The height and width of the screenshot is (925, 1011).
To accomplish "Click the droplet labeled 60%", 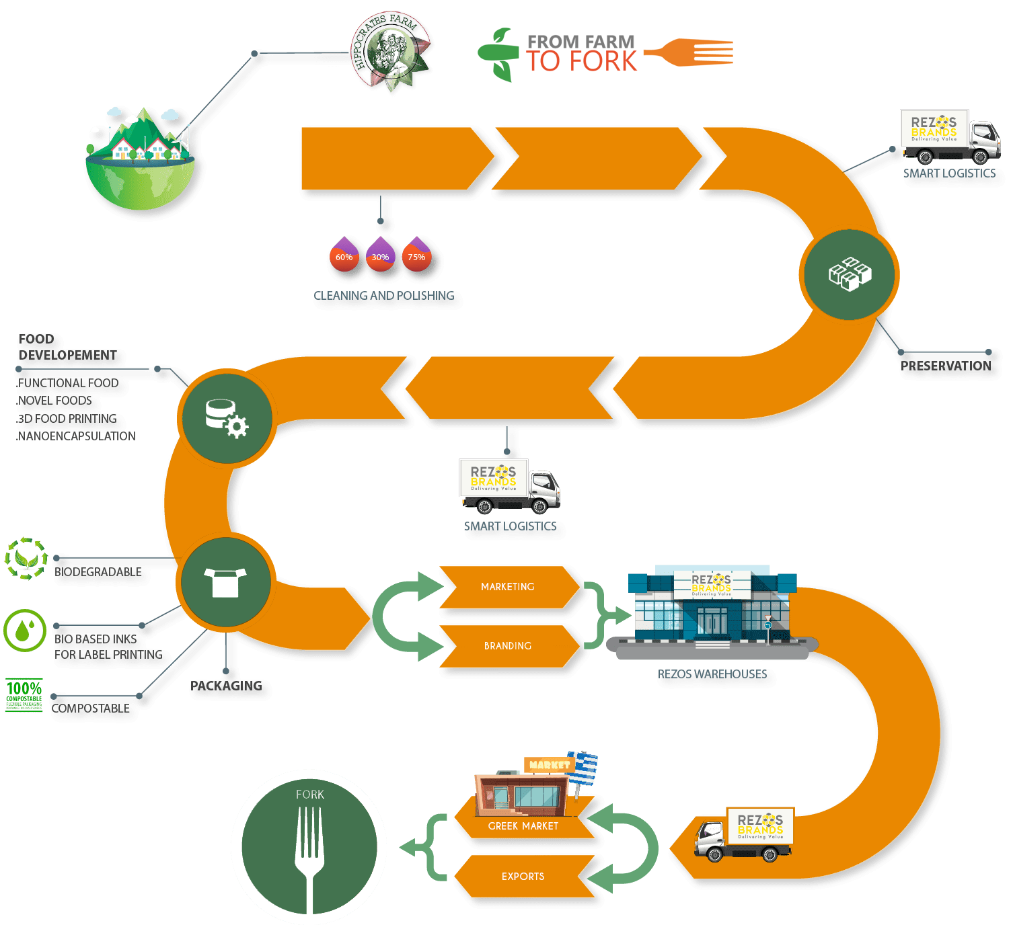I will point(344,254).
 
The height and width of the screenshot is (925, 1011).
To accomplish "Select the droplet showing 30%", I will point(380,254).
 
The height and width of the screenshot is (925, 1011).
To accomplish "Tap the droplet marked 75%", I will point(416,254).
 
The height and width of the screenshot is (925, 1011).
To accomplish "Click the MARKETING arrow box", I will point(508,587).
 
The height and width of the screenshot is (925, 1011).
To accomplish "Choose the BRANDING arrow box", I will point(508,646).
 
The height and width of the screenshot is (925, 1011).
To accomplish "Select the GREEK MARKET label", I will point(523,826).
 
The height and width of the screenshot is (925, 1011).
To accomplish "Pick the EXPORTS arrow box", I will point(523,877).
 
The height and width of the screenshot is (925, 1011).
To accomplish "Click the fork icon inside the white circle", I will point(309,854).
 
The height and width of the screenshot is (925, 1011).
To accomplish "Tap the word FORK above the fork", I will point(309,795).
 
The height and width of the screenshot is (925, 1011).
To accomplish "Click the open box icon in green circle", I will point(225,582).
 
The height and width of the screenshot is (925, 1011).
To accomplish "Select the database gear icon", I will point(226,418).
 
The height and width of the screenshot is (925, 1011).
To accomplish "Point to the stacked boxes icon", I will point(849,274).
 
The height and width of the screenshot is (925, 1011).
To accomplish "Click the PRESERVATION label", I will point(945,366).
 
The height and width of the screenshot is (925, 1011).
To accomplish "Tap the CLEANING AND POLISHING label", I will point(384,296).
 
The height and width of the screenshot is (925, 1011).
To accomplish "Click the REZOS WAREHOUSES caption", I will point(712,674).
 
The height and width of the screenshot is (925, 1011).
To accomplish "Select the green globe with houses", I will point(141,161).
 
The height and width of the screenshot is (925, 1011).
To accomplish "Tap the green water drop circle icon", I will point(25,631).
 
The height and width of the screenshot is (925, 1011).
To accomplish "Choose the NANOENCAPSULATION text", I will point(76,436).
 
